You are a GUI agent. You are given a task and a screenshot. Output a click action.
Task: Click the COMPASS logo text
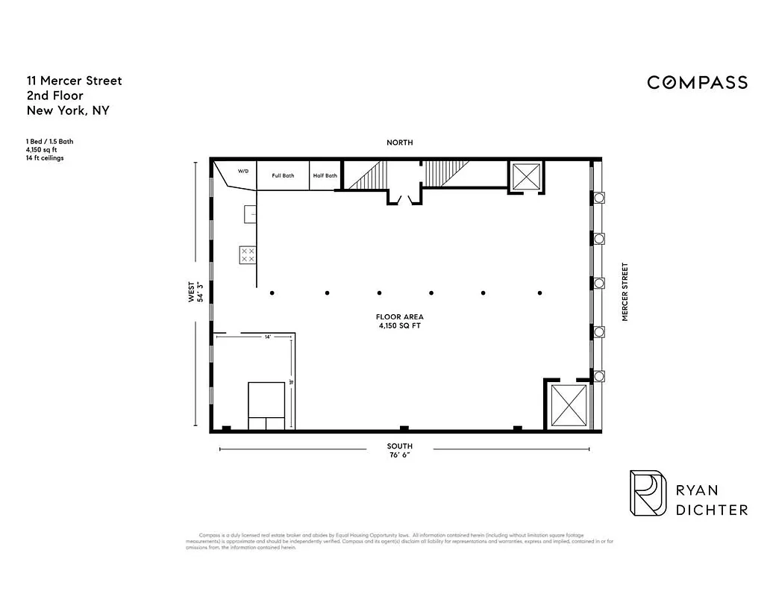697,82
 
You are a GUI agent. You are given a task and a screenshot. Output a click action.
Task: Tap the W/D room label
243,171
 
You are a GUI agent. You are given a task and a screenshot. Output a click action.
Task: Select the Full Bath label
283,176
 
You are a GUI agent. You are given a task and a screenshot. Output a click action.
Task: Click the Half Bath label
325,176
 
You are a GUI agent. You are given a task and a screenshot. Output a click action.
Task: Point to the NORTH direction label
399,143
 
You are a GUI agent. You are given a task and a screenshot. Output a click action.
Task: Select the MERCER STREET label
625,292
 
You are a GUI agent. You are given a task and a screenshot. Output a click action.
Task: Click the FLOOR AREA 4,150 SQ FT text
401,322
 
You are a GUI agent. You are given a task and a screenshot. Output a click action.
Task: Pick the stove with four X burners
247,254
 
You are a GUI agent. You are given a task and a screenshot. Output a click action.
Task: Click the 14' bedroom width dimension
267,337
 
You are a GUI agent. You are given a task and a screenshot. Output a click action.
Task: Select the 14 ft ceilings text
44,158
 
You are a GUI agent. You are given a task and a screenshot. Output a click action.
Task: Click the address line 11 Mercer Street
74,81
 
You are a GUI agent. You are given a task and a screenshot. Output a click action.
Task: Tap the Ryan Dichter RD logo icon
647,493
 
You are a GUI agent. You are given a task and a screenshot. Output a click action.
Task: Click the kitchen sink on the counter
249,214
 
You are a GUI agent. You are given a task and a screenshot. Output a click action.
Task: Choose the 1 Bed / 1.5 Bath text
49,141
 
